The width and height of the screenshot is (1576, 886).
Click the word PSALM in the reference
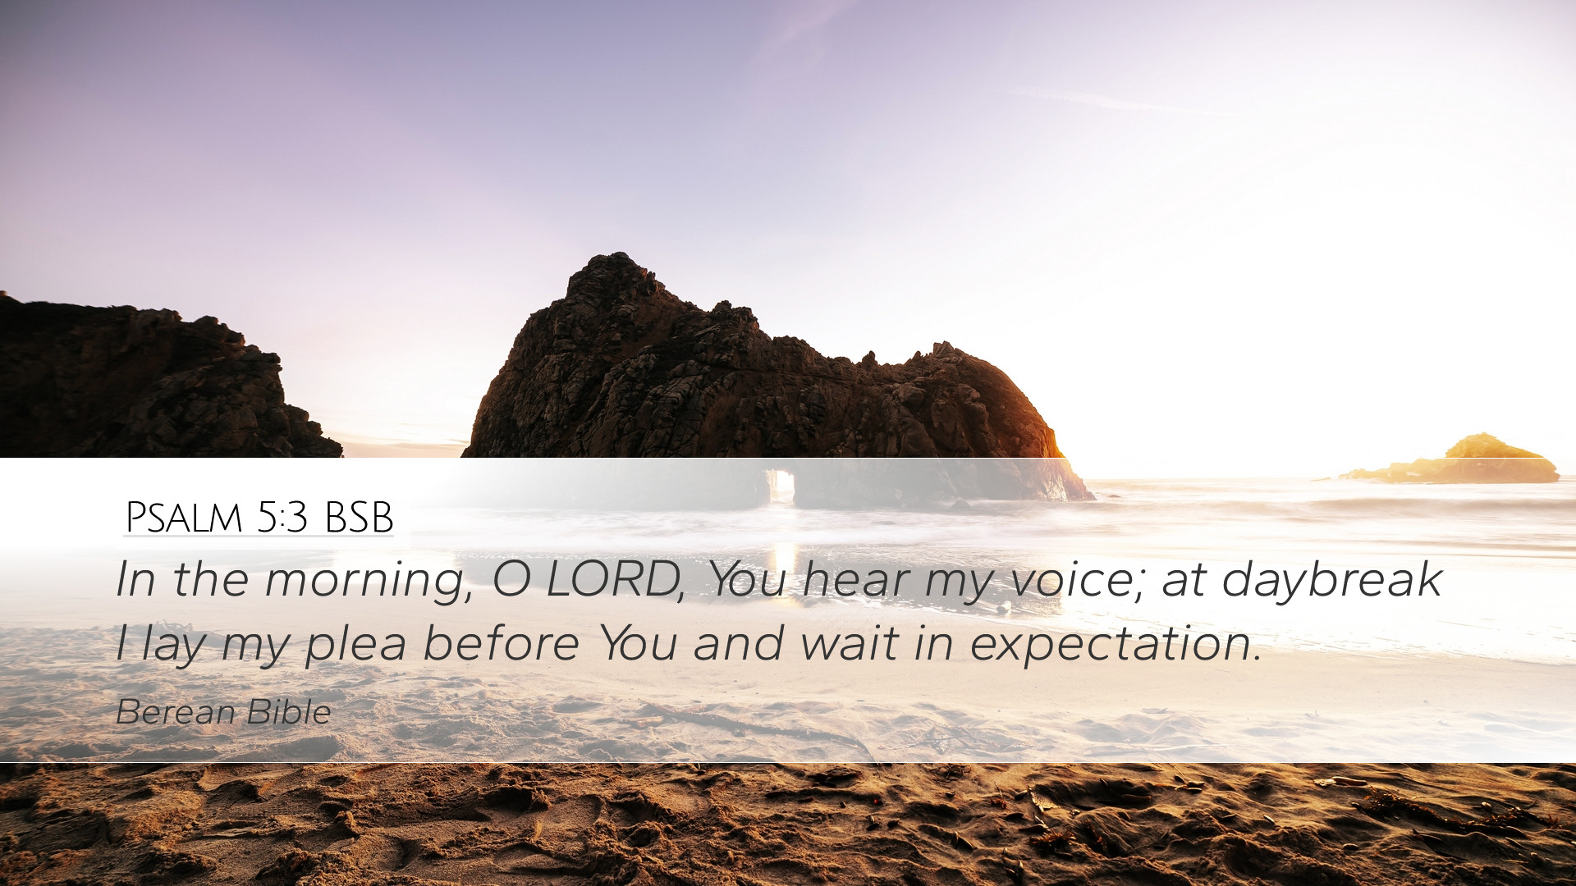184,517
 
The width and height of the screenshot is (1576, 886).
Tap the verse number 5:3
282,517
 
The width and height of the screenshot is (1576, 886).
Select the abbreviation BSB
360,517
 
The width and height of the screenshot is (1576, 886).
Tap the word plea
356,645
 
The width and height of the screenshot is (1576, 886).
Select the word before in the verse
502,642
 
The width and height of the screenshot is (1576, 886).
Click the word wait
849,643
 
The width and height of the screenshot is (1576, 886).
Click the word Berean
176,712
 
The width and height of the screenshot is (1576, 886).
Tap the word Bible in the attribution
289,712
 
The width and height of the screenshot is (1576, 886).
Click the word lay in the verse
172,645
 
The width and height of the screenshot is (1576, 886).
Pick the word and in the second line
738,643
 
